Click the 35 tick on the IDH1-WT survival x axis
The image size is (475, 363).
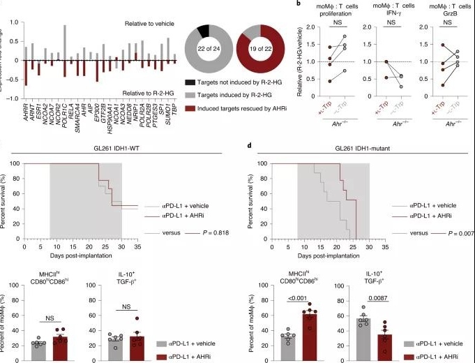[x=137, y=246]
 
